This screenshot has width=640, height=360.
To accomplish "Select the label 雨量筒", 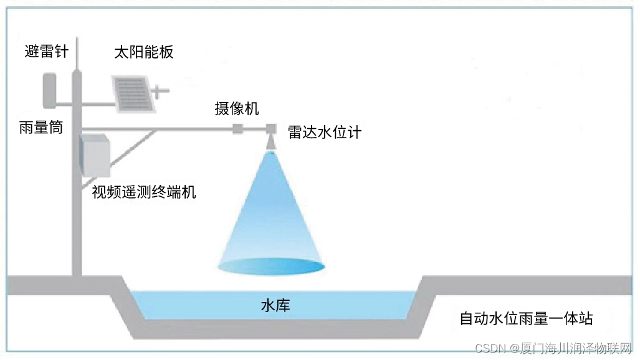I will point(41,128).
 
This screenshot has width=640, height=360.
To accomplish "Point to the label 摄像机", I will point(236,110).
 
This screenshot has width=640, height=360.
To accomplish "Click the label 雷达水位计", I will point(324,132).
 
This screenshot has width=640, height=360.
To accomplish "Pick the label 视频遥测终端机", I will point(144,192).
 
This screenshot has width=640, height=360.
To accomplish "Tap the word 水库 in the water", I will point(275,306).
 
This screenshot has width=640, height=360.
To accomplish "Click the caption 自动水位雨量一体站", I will point(526,319).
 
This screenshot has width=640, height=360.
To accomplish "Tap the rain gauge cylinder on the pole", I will point(49,90).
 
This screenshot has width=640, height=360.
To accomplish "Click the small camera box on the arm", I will point(237,130).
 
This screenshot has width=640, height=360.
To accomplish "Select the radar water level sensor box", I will point(271,129).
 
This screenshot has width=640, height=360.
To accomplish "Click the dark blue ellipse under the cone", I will point(272,267).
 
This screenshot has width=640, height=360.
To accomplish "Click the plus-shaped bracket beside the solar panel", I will point(160,92).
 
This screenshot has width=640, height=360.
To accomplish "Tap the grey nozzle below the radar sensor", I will point(271,143).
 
